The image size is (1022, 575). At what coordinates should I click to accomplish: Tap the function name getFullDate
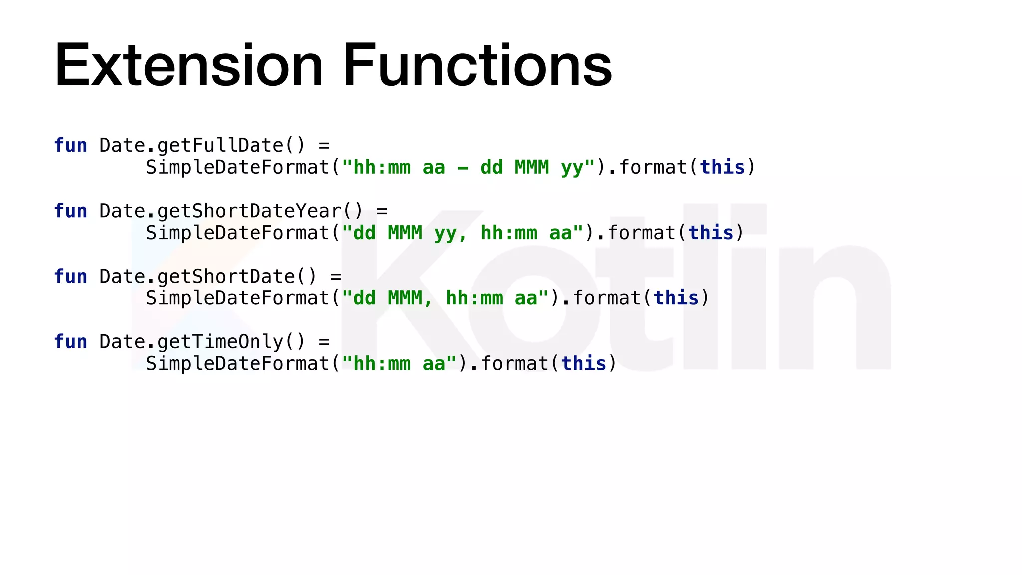221,146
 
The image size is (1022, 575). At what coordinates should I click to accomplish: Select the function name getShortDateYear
250,211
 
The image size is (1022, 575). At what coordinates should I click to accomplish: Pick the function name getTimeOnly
221,342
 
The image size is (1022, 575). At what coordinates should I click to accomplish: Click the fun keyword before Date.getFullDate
70,146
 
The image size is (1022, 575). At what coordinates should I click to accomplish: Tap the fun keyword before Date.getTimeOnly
70,342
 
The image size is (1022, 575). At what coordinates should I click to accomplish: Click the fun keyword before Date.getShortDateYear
70,211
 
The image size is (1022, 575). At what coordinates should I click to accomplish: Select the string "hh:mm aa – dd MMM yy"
469,167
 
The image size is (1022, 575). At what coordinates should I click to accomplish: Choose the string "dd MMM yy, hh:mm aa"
463,233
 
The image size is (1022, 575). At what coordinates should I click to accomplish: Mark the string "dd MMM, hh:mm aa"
445,298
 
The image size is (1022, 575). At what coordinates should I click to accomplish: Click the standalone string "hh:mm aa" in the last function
399,364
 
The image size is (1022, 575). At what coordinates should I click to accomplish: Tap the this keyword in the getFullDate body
722,167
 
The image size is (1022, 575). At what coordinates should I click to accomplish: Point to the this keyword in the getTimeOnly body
584,364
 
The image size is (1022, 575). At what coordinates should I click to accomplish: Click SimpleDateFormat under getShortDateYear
238,233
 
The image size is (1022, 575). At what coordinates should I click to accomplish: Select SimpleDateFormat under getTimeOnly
238,364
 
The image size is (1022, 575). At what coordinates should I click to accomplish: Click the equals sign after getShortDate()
336,277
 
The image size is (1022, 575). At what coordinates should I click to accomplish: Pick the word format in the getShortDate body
607,298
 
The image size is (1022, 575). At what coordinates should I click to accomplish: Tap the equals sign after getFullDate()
324,146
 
